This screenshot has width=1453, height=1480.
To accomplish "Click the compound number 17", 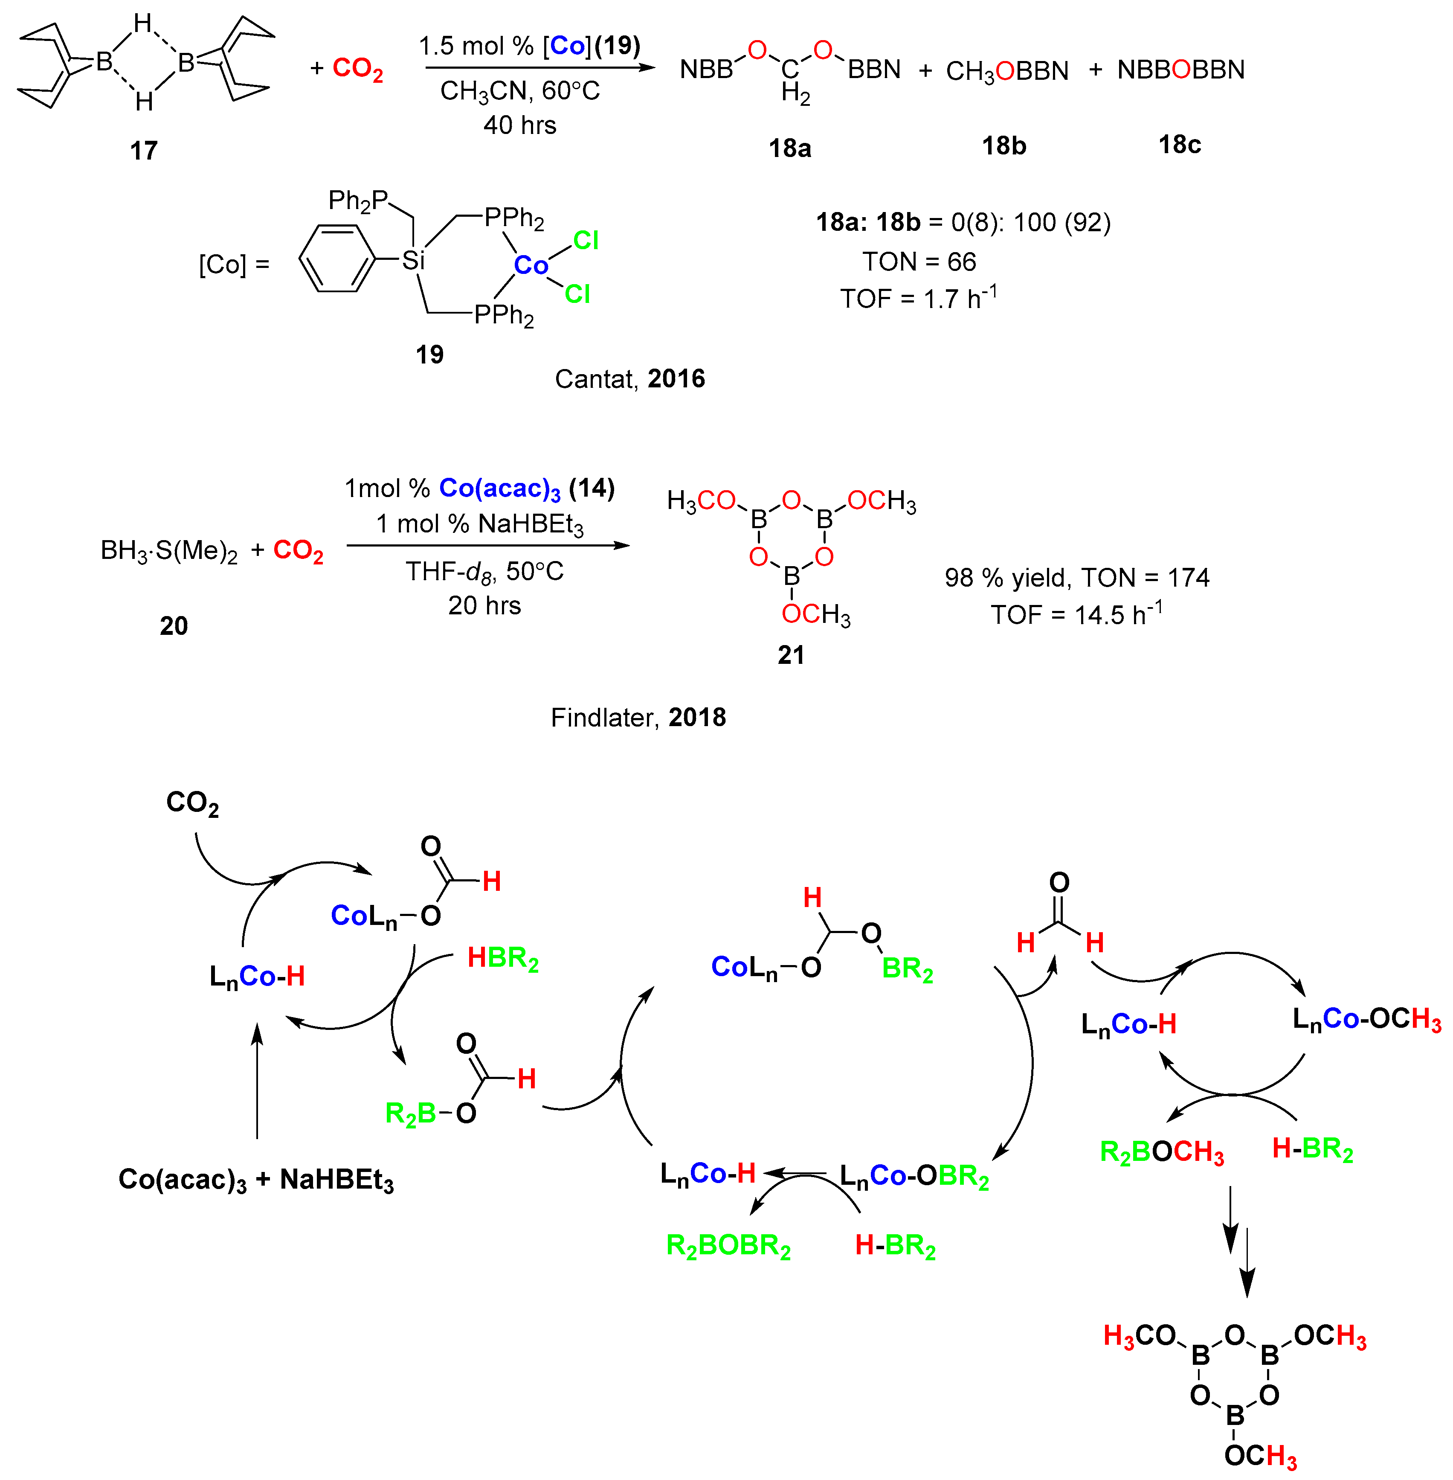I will [143, 150].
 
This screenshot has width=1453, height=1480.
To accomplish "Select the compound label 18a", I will [790, 147].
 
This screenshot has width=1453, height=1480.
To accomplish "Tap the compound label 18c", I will [1180, 144].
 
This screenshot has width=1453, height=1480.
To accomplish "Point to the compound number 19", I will [429, 354].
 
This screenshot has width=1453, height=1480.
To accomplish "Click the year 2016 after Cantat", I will [676, 378].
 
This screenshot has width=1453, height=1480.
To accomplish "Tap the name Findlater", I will [603, 718].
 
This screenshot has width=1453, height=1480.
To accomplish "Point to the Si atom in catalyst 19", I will [413, 260].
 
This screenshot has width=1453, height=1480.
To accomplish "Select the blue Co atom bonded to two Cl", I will [531, 266].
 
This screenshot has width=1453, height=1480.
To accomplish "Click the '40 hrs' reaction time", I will [520, 125].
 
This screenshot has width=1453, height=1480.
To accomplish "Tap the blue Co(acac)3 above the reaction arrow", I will [500, 488].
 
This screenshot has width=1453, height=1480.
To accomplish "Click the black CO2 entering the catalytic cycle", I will [192, 803].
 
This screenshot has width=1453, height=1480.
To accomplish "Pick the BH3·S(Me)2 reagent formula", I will [169, 550].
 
